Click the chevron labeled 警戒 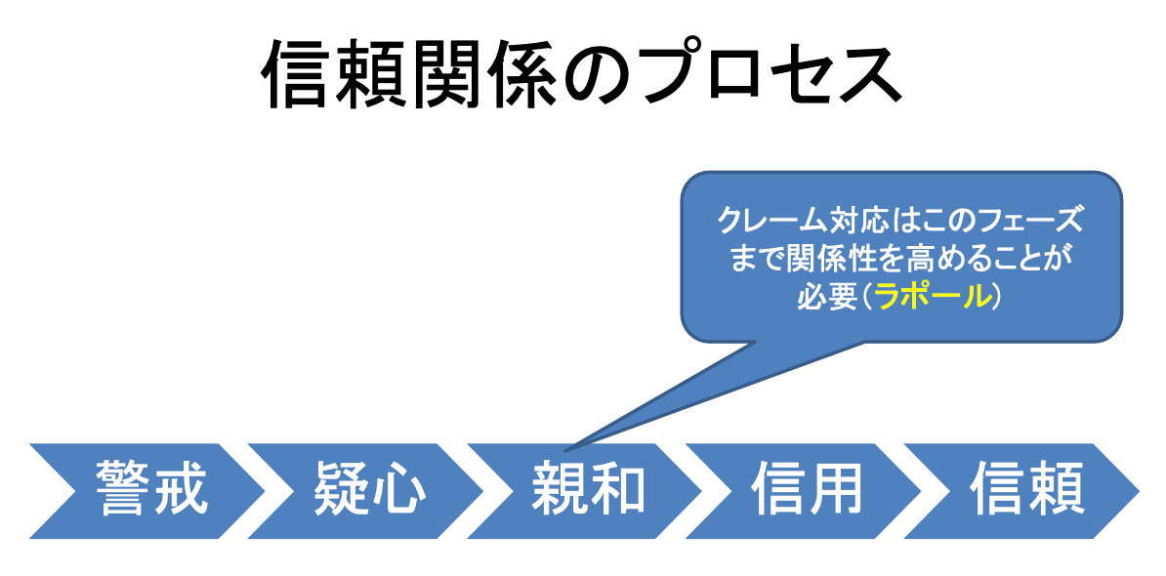coord(148,490)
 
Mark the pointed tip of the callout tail coord(565,451)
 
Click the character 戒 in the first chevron coord(180,489)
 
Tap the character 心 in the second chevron coord(398,489)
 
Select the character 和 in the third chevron coord(617,489)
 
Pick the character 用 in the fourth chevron coord(834,489)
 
